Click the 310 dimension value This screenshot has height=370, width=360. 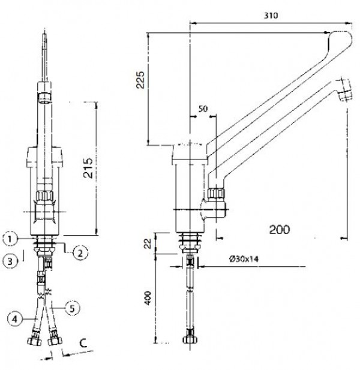pyautogui.click(x=271, y=16)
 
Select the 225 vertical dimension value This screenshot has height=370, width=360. pyautogui.click(x=140, y=80)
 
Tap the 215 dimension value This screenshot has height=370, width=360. pyautogui.click(x=88, y=168)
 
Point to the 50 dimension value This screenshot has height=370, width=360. pyautogui.click(x=203, y=109)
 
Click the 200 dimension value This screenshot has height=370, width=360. pyautogui.click(x=280, y=230)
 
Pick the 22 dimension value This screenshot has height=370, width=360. pyautogui.click(x=148, y=243)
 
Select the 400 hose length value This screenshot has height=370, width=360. pyautogui.click(x=148, y=298)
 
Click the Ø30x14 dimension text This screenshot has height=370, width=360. pyautogui.click(x=244, y=259)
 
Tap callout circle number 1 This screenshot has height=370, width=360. pyautogui.click(x=10, y=239)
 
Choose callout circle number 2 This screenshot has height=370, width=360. pyautogui.click(x=80, y=254)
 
